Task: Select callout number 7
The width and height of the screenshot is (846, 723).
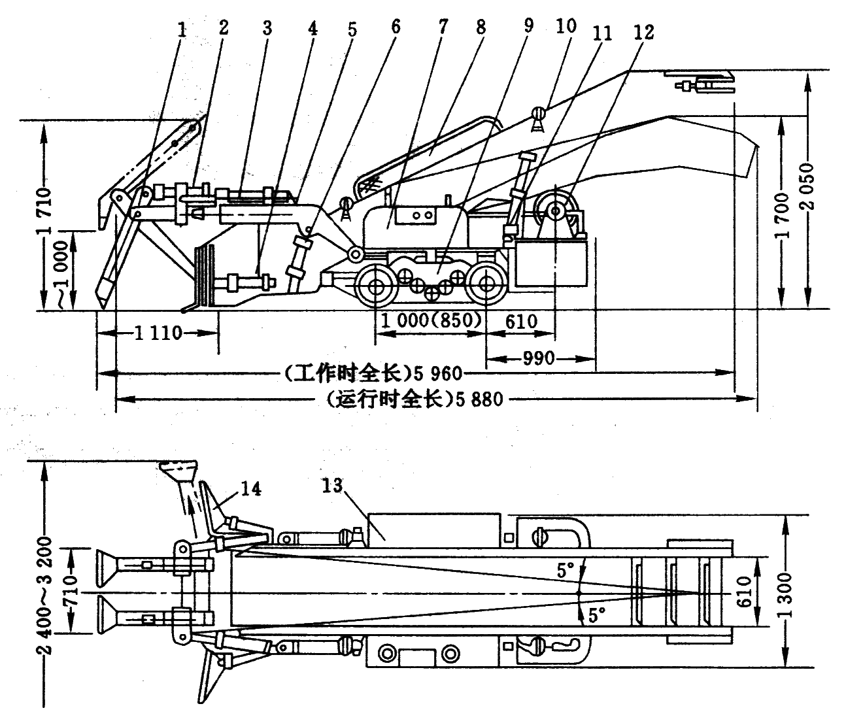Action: [443, 28]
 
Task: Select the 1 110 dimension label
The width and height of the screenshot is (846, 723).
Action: [156, 333]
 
